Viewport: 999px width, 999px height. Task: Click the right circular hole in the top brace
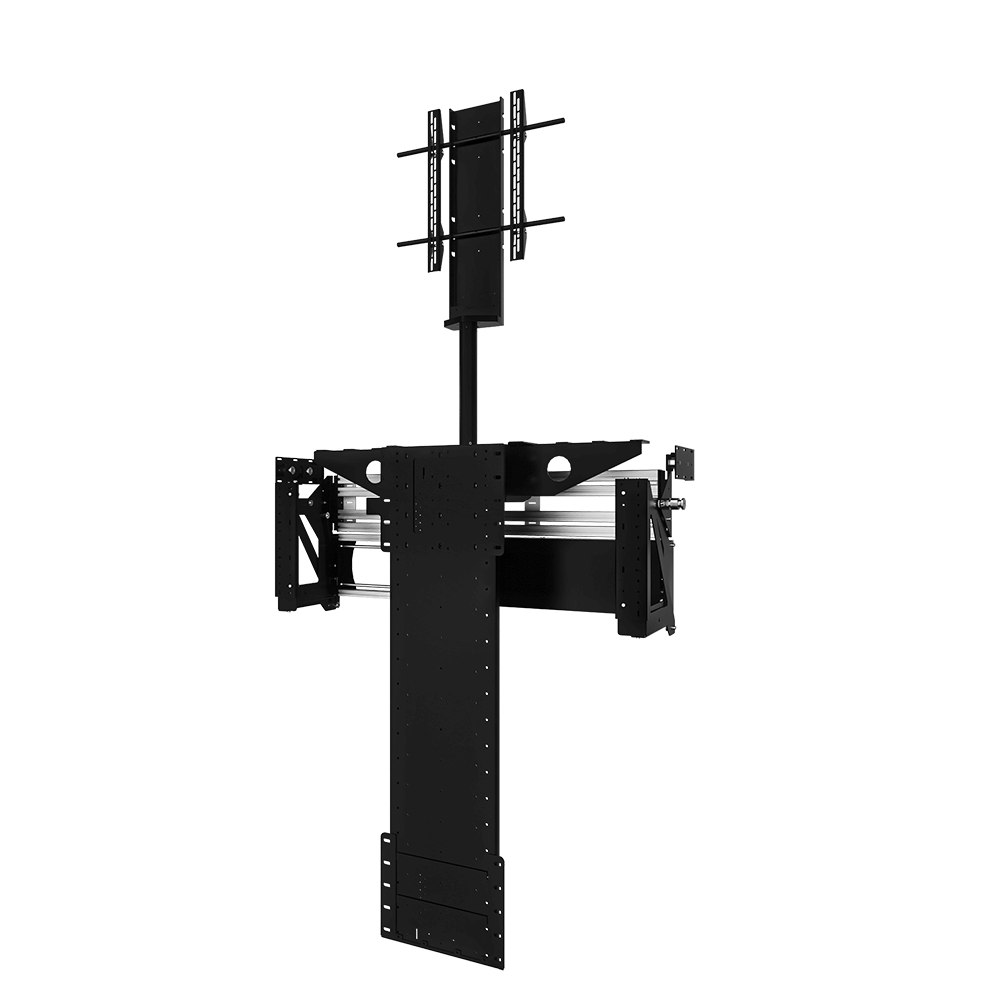tap(559, 466)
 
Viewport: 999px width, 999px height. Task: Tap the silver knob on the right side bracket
tap(678, 502)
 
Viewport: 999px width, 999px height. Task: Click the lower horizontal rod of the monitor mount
tap(481, 231)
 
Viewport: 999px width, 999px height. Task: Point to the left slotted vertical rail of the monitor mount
tap(434, 190)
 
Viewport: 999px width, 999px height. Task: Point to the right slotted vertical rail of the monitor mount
tap(517, 175)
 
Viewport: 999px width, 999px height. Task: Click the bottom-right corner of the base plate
tap(502, 965)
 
